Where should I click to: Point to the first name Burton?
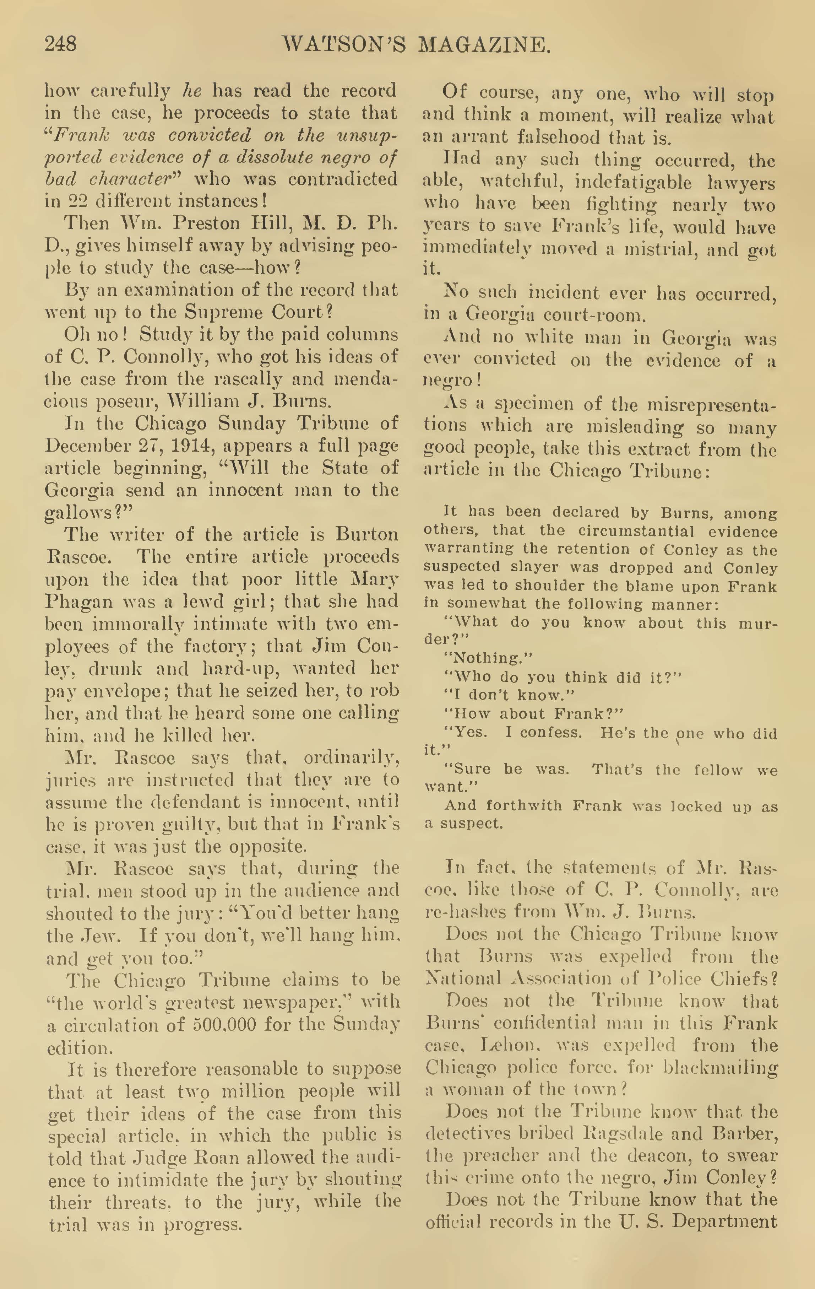point(366,534)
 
